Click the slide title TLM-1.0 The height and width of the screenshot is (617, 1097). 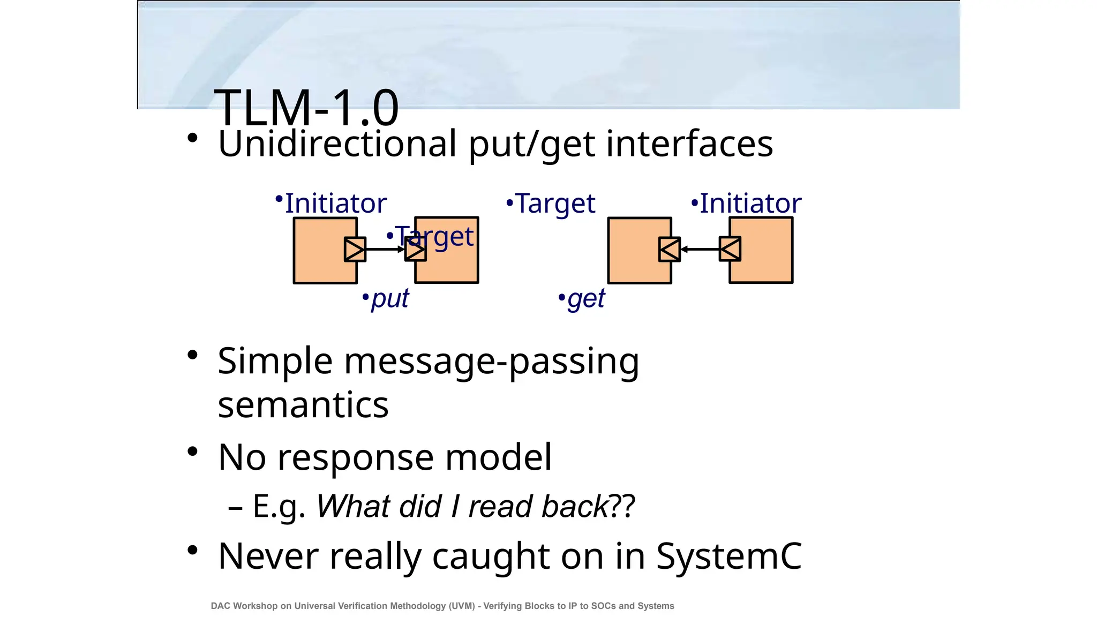[x=306, y=108]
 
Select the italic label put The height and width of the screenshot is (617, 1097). [x=389, y=298]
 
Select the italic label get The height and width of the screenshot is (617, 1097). [x=585, y=298]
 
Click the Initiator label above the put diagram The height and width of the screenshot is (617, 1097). [x=335, y=204]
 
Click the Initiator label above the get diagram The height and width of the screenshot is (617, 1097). [x=750, y=204]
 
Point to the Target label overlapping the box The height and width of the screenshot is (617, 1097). [x=434, y=236]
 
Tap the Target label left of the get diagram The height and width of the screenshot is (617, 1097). [x=555, y=204]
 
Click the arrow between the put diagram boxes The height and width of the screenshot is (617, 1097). [x=385, y=249]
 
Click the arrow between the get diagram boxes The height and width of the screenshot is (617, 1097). [x=700, y=249]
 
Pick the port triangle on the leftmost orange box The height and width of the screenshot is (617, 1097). [x=355, y=250]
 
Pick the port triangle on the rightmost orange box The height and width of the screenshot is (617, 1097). [x=730, y=249]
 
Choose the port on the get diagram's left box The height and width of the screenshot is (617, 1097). [x=670, y=249]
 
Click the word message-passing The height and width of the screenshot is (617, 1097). [x=491, y=362]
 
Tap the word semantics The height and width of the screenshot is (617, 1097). [x=303, y=404]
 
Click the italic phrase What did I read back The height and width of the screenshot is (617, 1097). [x=463, y=506]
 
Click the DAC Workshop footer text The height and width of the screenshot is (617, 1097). [x=442, y=606]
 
